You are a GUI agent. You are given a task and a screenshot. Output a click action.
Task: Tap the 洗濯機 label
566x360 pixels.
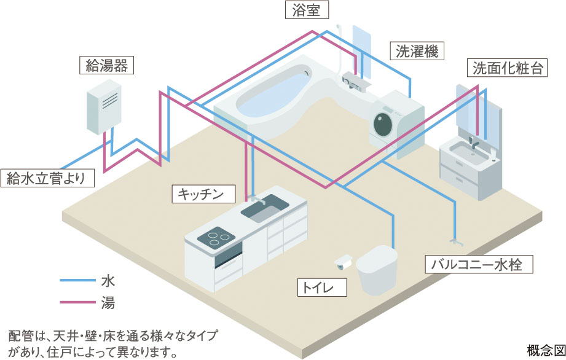click(x=417, y=52)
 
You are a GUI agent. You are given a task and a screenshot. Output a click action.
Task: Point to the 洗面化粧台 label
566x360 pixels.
click(x=508, y=68)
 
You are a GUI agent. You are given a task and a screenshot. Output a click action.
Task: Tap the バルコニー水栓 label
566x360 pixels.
click(x=480, y=265)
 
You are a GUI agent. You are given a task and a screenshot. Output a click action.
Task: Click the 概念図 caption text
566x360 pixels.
click(x=545, y=348)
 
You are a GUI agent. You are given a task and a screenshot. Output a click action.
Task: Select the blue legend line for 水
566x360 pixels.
click(x=76, y=281)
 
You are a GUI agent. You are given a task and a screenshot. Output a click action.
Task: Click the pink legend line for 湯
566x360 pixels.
click(x=76, y=302)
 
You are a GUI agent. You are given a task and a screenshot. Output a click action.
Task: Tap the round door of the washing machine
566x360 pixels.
click(x=384, y=123)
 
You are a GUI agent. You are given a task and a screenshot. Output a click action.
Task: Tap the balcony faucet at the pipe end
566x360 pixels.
click(x=454, y=237)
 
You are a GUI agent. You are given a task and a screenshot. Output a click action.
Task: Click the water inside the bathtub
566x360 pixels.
click(x=270, y=99)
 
